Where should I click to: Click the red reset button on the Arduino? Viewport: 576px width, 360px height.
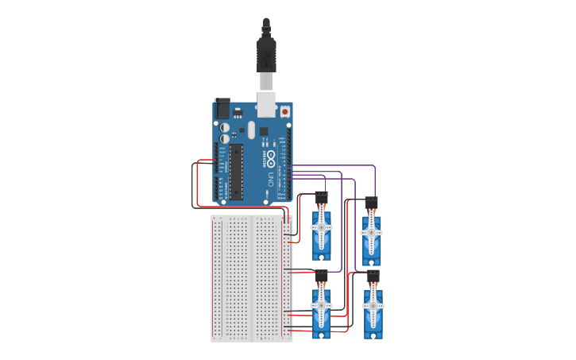click(x=284, y=113)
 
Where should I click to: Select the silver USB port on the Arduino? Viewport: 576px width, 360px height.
click(x=266, y=104)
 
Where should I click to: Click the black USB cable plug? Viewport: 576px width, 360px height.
click(x=266, y=56)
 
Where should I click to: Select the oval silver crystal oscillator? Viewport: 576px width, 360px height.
click(x=252, y=130)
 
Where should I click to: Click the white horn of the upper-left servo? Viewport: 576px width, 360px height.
click(x=322, y=227)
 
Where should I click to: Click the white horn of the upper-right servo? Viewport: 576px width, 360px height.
click(x=371, y=233)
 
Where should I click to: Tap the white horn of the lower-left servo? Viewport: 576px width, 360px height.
click(x=321, y=306)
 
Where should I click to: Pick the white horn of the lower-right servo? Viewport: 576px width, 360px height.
click(x=372, y=306)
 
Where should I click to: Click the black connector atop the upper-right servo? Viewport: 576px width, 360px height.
click(x=371, y=202)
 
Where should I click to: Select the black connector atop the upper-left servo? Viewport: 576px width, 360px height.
click(x=321, y=196)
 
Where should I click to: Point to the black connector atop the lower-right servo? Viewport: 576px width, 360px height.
click(x=372, y=275)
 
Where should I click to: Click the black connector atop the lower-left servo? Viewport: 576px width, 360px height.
click(x=321, y=276)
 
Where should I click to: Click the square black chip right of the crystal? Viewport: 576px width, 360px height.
click(x=264, y=131)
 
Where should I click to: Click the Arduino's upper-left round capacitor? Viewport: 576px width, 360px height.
click(x=225, y=127)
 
